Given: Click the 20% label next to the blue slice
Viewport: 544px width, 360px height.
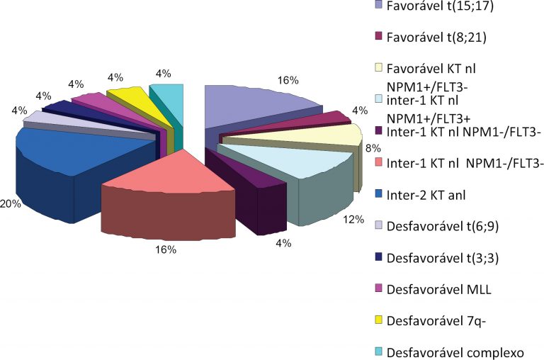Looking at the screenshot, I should [11, 203].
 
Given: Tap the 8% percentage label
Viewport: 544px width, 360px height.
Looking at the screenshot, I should [370, 150].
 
